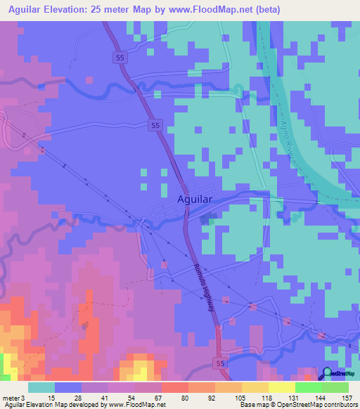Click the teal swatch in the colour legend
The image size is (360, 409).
tap(41, 387)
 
